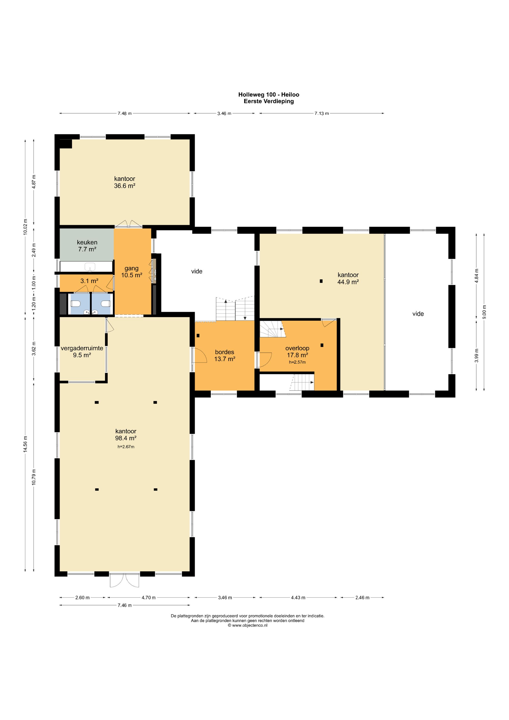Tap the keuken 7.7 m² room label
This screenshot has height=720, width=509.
(x=87, y=246)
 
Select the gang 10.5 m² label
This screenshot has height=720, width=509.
(x=132, y=272)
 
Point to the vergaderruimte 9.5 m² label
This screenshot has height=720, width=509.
(x=82, y=352)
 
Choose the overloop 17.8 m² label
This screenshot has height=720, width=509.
(x=297, y=352)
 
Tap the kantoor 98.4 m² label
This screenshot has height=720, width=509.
(x=126, y=435)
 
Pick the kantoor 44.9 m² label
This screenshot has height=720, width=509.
(x=348, y=278)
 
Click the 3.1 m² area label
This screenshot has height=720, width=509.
(x=89, y=281)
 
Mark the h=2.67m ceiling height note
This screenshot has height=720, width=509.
(x=126, y=446)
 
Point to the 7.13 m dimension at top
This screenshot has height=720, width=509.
(x=322, y=113)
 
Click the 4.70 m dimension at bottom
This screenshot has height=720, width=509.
(x=148, y=597)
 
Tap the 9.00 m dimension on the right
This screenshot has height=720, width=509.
(x=484, y=312)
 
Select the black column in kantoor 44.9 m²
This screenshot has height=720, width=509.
(x=321, y=281)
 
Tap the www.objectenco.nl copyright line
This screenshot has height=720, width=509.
(x=248, y=625)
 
